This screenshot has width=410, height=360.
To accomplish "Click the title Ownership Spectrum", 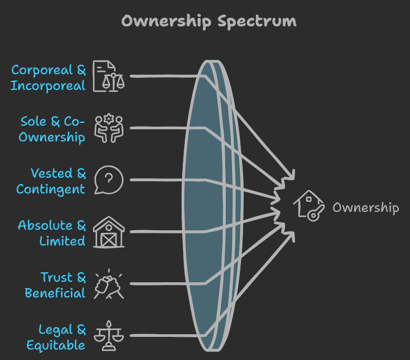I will tap(208, 21).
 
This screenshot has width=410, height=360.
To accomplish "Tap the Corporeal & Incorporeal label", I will tap(48, 77).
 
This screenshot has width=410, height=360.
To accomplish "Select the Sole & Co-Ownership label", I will tap(52, 129).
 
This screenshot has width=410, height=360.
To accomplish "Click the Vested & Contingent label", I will tap(51, 181).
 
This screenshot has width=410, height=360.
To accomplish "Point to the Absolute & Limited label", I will tap(51, 233).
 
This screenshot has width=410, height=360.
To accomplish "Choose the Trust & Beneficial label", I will tap(55, 285).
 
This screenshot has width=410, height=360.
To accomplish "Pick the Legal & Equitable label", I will tap(56, 337).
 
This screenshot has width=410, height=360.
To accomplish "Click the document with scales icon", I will tap(109, 77).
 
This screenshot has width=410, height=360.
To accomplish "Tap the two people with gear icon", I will tap(109, 129).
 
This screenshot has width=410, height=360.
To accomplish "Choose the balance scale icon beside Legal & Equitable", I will tap(109, 336).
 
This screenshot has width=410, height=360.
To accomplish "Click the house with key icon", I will tap(308, 205).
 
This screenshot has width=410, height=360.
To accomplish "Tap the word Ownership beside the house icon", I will tap(365, 207).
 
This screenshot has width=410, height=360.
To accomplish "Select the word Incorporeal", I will tap(48, 86).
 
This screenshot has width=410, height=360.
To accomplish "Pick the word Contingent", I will tap(51, 189).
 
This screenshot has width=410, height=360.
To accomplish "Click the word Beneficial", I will tap(55, 293).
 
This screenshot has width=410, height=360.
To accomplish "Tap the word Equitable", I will tap(56, 345).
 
